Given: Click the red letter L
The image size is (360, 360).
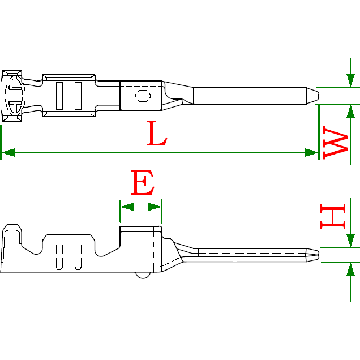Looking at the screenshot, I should pyautogui.click(x=157, y=134).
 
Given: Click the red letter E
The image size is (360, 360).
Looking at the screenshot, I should pyautogui.click(x=142, y=182).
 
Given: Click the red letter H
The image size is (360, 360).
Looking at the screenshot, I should pyautogui.click(x=333, y=218).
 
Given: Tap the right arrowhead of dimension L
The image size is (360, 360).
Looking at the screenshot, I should pyautogui.click(x=311, y=152).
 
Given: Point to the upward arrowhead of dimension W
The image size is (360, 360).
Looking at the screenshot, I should pyautogui.click(x=351, y=112).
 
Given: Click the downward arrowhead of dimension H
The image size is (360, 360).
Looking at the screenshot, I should pyautogui.click(x=351, y=240).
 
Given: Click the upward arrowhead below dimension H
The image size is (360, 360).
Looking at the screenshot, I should pyautogui.click(x=351, y=270).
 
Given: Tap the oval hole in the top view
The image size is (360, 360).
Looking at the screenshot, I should pyautogui.click(x=142, y=95).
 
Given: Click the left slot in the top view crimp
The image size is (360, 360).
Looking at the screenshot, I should pyautogui.click(x=59, y=95).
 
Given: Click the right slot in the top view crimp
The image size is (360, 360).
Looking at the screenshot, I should pyautogui.click(x=78, y=95).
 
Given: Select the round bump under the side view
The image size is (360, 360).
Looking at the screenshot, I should pyautogui.click(x=143, y=275).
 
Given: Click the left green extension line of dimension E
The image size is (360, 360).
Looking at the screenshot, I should pyautogui.click(x=121, y=212).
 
